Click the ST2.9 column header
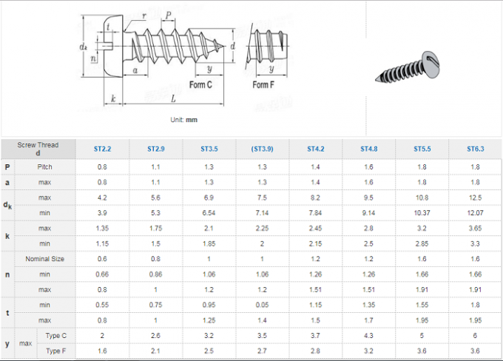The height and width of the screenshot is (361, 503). tap(155, 149)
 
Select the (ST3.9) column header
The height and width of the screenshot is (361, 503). tap(262, 149)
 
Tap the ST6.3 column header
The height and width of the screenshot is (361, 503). tap(475, 149)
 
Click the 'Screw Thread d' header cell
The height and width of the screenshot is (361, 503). tap(38, 149)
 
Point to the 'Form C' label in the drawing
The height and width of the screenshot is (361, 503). tap(200, 85)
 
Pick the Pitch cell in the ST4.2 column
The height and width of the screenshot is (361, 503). tap(315, 167)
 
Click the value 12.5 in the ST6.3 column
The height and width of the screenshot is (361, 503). tap(475, 198)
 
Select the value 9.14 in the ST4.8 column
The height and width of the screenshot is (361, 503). tap(368, 213)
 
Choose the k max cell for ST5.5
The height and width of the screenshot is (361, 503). tap(422, 229)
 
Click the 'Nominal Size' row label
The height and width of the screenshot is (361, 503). tap(45, 259)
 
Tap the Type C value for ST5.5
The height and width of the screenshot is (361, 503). tap(422, 336)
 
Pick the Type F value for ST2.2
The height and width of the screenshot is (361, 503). tap(102, 351)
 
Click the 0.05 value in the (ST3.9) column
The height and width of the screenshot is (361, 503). tap(262, 305)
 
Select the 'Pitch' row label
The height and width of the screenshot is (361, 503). tap(45, 167)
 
